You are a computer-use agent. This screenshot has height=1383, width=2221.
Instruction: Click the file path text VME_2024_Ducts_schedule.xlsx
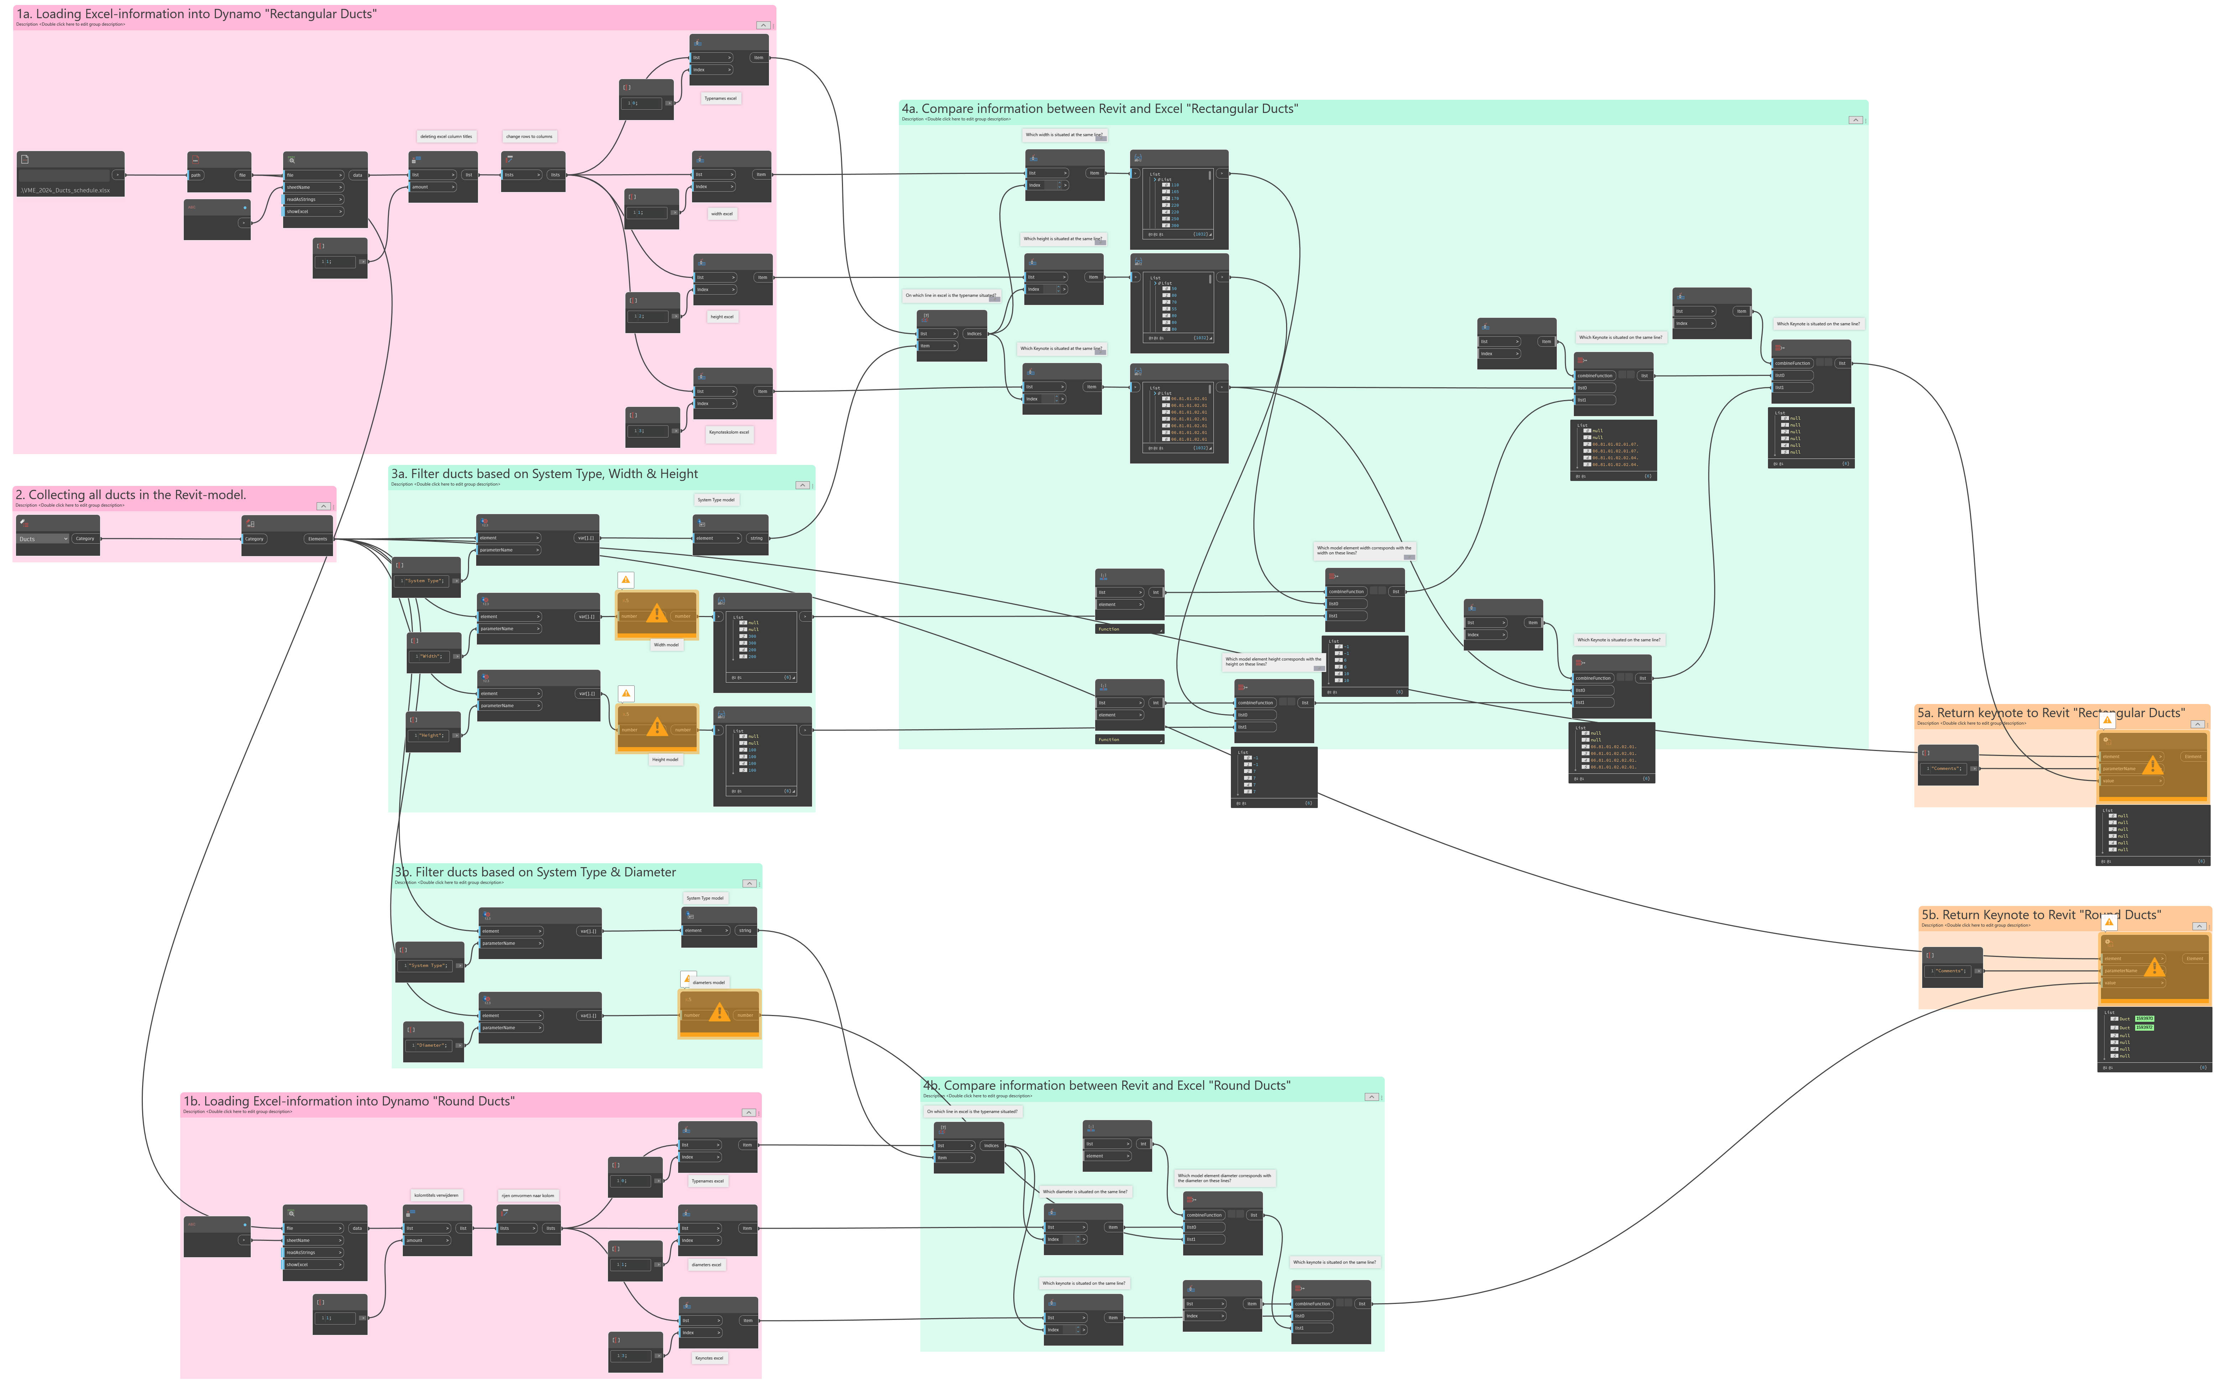[x=66, y=190]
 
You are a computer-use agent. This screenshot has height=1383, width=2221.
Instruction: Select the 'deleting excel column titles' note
[x=446, y=136]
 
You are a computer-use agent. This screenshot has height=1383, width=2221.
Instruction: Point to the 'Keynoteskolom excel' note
[x=730, y=432]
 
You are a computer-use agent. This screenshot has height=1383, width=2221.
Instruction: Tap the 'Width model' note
[x=666, y=645]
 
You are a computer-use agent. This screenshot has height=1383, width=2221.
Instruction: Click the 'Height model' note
[x=665, y=759]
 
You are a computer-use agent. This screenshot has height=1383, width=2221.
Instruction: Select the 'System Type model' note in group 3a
[x=716, y=499]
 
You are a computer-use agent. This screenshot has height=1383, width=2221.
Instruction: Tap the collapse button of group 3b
[x=750, y=884]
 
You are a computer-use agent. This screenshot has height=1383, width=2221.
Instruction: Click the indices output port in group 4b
[x=991, y=1145]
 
